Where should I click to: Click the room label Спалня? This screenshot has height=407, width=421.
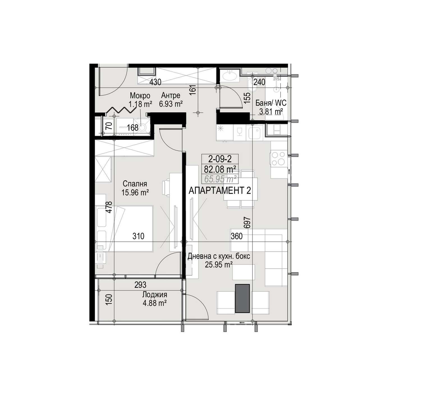pos(135,184)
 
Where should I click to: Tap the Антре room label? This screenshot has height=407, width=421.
pos(171,96)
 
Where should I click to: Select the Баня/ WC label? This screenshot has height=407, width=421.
pos(271,103)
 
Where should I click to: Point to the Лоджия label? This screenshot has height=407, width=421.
pos(155,295)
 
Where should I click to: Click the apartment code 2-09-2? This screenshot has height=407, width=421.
pos(220,159)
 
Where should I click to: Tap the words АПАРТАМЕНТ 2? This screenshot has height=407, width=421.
pos(220,191)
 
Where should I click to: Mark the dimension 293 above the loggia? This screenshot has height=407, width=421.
pos(140,285)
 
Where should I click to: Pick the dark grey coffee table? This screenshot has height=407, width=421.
pos(242,298)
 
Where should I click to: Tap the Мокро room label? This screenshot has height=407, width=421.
pos(140,96)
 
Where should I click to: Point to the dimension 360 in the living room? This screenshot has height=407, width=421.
pos(237,236)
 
